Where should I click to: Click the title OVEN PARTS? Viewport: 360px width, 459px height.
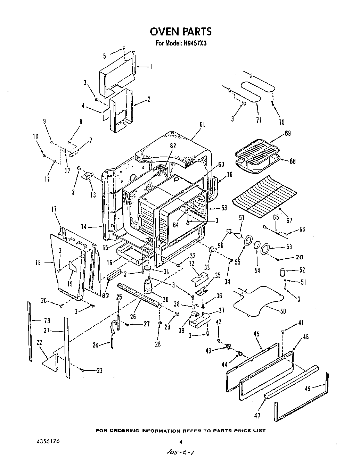pyautogui.click(x=180, y=31)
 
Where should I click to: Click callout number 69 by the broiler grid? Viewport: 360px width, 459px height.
pyautogui.click(x=288, y=133)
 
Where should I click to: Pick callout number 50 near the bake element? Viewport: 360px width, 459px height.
pyautogui.click(x=283, y=311)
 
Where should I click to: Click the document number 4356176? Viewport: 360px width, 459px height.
pyautogui.click(x=48, y=441)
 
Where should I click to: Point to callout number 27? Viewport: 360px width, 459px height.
pyautogui.click(x=146, y=324)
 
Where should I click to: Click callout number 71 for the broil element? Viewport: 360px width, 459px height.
pyautogui.click(x=259, y=120)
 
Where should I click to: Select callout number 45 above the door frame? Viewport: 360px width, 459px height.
pyautogui.click(x=256, y=334)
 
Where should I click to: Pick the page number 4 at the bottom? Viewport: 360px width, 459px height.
pyautogui.click(x=181, y=442)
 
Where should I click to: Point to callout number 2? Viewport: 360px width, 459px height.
pyautogui.click(x=149, y=100)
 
